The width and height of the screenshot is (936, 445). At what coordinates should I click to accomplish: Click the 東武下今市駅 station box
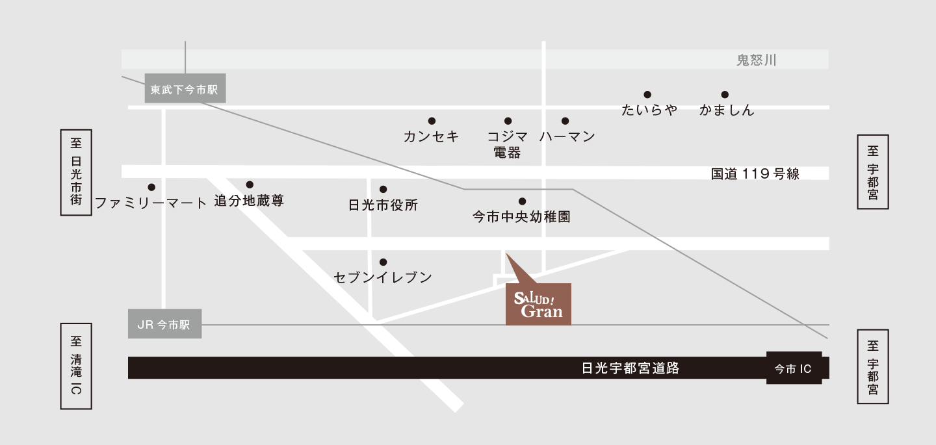tap(185, 89)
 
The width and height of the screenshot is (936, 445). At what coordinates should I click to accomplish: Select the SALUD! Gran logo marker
tap(538, 304)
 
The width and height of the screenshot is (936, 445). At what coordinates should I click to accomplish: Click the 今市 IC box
tap(793, 368)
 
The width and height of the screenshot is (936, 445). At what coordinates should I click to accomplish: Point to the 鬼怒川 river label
tap(756, 60)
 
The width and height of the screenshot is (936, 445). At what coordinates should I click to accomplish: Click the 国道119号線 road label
tap(755, 173)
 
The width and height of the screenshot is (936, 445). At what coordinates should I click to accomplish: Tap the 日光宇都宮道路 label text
tap(630, 368)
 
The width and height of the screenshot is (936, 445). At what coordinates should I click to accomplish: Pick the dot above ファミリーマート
tap(151, 186)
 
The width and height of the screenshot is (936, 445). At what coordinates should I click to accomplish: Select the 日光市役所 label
tap(383, 205)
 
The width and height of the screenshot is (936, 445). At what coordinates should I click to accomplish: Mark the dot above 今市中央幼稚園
tap(521, 201)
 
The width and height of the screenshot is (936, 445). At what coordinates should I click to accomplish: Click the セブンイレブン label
tap(383, 277)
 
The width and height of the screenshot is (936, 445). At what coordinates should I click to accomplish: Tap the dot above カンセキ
tap(432, 121)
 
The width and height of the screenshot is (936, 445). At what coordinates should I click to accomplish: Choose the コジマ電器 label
tap(507, 144)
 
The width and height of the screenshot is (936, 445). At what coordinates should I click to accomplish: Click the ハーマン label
tap(567, 136)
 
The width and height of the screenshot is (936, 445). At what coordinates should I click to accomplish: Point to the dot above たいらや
tap(647, 95)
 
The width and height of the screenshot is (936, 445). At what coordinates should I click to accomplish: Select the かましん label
tap(727, 110)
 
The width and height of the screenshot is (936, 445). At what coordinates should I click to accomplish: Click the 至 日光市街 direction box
tap(76, 172)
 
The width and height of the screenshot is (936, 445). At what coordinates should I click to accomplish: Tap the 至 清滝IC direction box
tap(76, 366)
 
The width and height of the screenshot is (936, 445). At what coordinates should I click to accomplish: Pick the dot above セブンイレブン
tap(383, 262)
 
